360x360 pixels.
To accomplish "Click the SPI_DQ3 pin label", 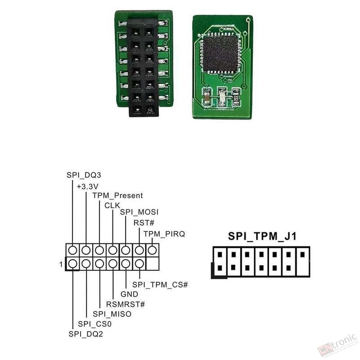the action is click(x=84, y=175).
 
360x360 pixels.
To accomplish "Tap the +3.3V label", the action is click(x=87, y=187).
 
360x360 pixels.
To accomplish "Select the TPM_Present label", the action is click(x=117, y=196).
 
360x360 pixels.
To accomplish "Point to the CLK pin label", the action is click(x=112, y=206).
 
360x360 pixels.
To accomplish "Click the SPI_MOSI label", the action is click(x=139, y=212).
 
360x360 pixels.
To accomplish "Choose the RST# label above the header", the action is click(x=144, y=223).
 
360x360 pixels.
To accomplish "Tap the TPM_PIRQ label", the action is click(x=164, y=234).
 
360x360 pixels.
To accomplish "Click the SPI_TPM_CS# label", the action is click(x=160, y=285).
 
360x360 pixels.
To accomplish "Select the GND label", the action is click(x=130, y=294).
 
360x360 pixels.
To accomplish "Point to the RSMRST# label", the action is click(x=126, y=304).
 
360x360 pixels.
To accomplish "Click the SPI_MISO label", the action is click(x=112, y=314).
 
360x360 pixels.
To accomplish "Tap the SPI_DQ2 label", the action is click(x=86, y=334).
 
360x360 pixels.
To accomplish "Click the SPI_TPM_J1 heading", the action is click(x=262, y=236).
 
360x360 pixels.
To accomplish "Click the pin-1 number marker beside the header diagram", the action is click(x=61, y=265).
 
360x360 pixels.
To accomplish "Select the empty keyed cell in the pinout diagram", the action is click(x=153, y=264).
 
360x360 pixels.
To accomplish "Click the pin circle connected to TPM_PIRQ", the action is click(x=153, y=250).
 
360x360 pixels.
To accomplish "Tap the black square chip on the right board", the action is click(x=220, y=53).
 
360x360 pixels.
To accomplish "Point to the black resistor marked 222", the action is click(x=236, y=97).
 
